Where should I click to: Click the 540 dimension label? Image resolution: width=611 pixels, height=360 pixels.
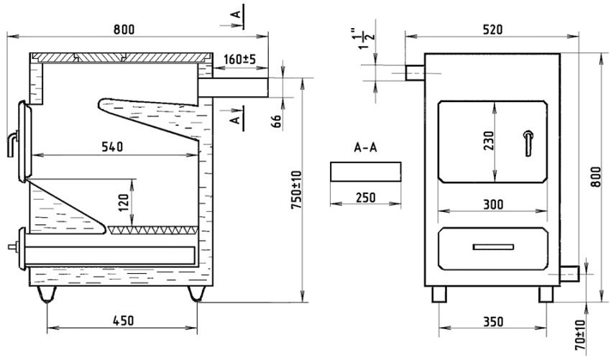[112, 147]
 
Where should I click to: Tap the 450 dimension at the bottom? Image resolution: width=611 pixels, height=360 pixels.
[124, 320]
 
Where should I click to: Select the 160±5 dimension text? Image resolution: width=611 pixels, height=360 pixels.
[240, 60]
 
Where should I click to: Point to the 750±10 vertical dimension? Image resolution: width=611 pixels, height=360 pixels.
[296, 190]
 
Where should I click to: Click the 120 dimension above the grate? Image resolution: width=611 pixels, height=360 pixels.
[124, 203]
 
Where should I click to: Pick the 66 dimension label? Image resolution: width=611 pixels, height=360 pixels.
[276, 121]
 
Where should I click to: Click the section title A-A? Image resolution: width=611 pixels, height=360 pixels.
[365, 147]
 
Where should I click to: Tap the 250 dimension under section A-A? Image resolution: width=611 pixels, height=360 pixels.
[365, 198]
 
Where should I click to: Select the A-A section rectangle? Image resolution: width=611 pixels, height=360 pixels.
[365, 172]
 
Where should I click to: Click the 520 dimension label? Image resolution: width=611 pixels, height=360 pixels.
[492, 29]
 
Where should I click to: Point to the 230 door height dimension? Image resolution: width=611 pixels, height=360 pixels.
[488, 141]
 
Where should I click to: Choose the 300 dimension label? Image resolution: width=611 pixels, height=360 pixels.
[493, 204]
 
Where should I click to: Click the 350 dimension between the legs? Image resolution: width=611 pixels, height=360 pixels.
[493, 321]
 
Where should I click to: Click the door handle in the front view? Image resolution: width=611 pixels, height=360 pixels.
[528, 143]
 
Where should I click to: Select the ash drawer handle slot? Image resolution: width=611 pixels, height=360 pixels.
[493, 247]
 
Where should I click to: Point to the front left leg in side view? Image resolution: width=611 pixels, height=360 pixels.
[47, 294]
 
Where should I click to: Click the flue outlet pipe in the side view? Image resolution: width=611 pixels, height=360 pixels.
[234, 87]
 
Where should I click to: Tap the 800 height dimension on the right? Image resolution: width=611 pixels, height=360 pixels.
[596, 177]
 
